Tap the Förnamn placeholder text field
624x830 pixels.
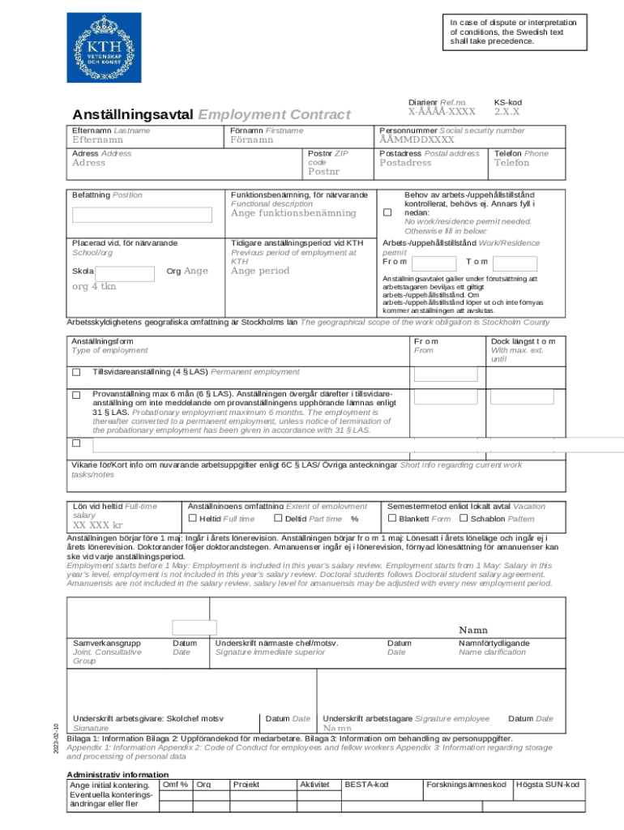click(x=252, y=140)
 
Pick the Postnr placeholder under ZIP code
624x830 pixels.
click(x=324, y=172)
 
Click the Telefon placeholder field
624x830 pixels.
click(x=512, y=163)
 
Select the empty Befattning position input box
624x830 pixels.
click(x=145, y=215)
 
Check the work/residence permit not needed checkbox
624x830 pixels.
click(x=387, y=212)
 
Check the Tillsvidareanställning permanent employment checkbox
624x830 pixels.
click(x=76, y=373)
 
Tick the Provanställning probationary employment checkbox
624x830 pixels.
click(x=76, y=395)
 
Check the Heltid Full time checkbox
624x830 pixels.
click(x=193, y=519)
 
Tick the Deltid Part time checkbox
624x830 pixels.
click(x=279, y=519)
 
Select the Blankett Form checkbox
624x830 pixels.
click(x=392, y=519)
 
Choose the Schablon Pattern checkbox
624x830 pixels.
click(x=464, y=519)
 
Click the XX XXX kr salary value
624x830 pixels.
click(x=98, y=525)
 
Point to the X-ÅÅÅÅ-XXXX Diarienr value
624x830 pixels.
click(x=441, y=112)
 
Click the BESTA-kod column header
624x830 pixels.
click(x=366, y=785)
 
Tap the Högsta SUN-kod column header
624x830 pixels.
click(x=548, y=785)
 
